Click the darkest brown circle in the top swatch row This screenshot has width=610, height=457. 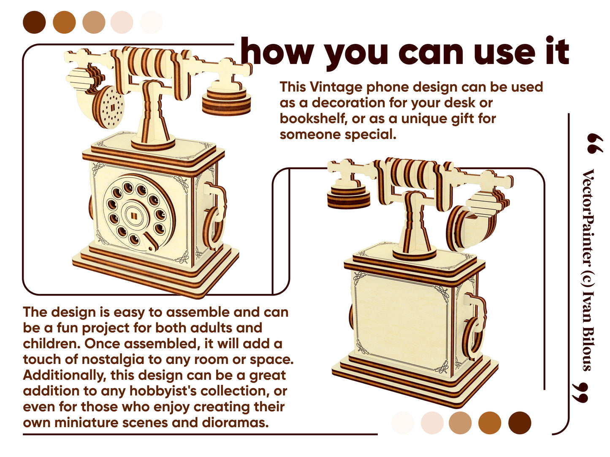coord(34,22)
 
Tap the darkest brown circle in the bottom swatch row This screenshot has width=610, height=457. coord(519,422)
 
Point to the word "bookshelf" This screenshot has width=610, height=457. coord(313,118)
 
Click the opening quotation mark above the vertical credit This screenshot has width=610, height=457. coord(595,143)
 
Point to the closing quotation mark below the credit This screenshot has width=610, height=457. coord(580,392)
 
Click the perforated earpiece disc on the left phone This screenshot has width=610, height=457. coord(110,108)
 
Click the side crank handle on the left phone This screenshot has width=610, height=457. coord(214,216)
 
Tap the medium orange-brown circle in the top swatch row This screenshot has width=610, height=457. coord(64,22)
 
